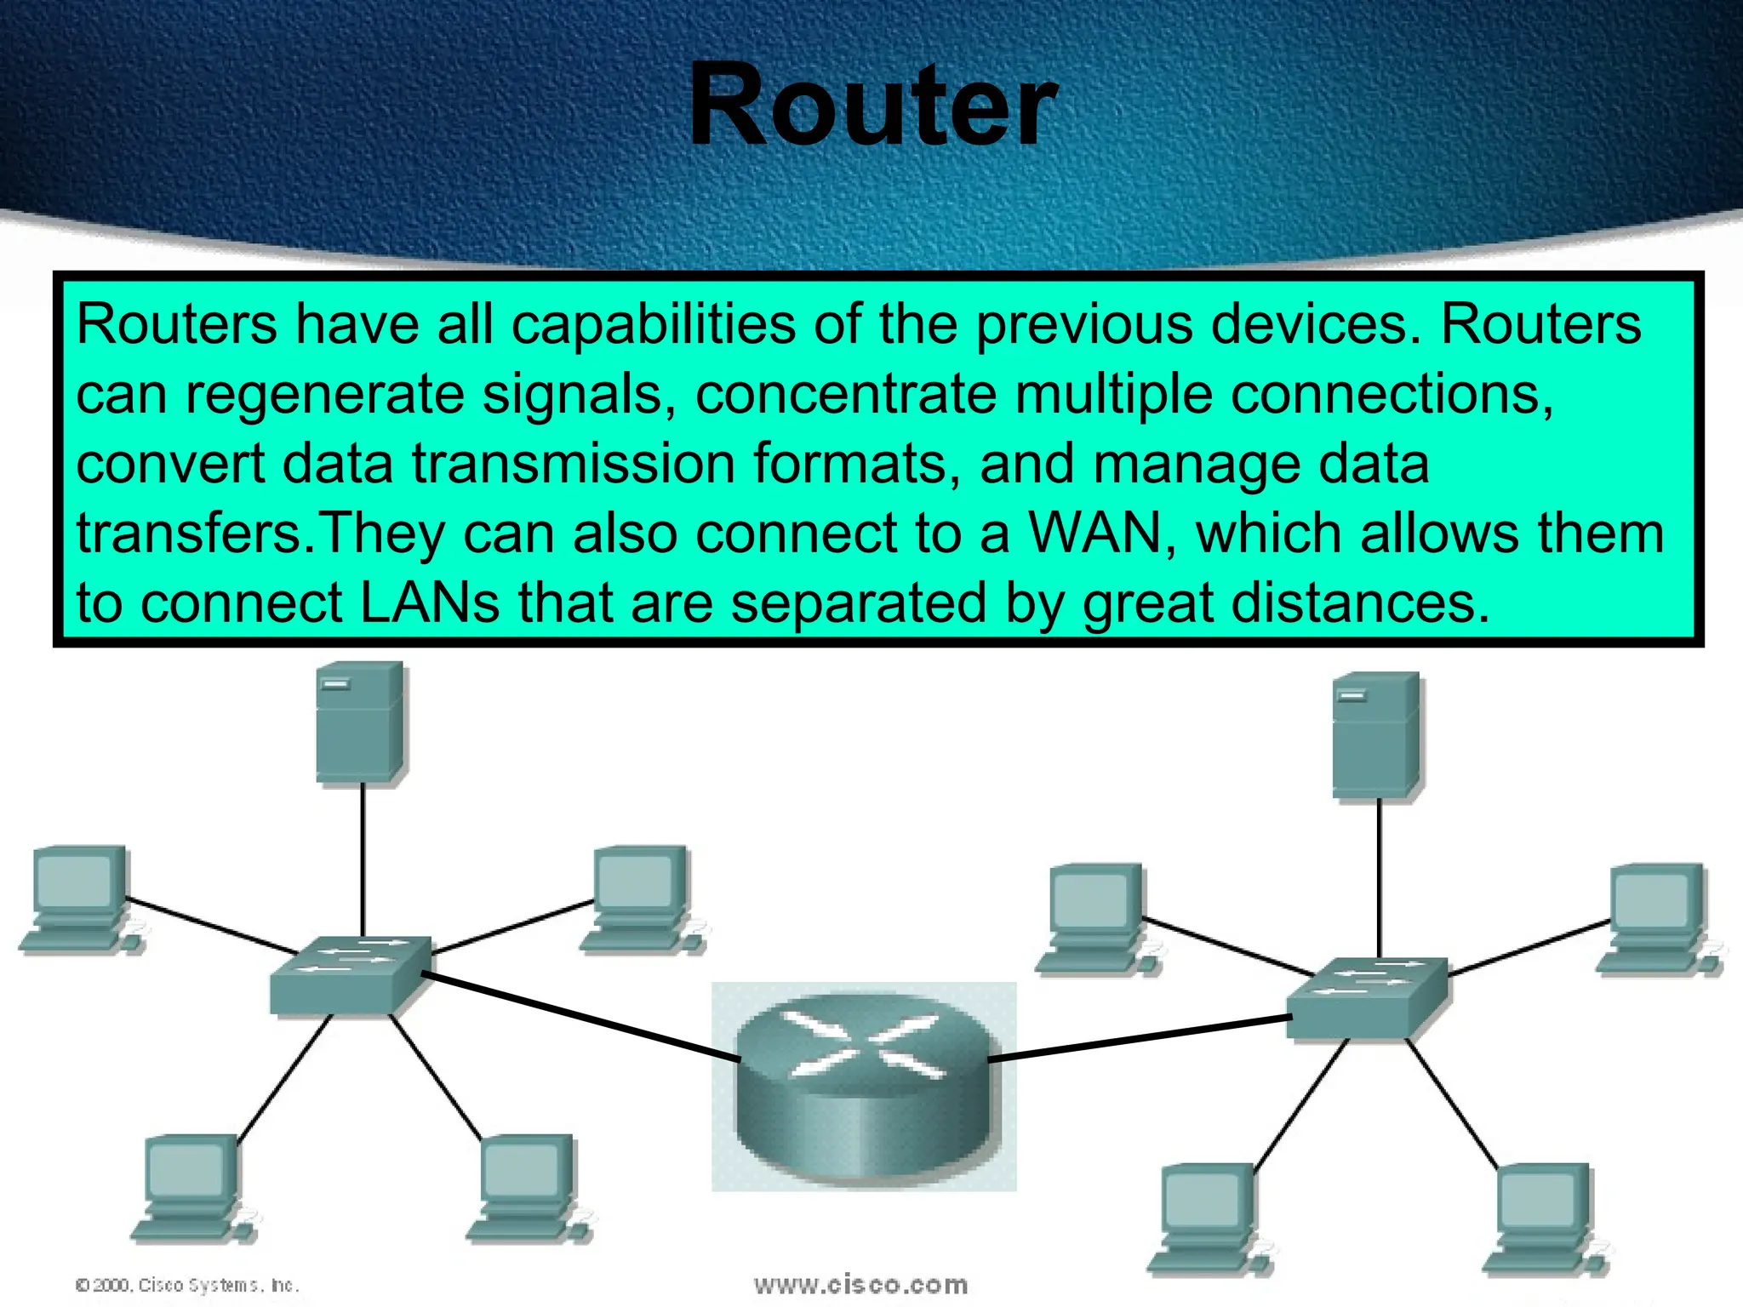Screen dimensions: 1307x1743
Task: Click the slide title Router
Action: click(873, 106)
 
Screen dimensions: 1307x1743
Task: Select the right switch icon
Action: click(1366, 997)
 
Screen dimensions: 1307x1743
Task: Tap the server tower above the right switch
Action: click(1376, 735)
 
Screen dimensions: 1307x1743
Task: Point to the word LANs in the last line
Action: click(430, 603)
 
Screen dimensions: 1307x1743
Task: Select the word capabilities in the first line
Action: click(653, 325)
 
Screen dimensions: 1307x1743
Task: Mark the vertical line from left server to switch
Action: click(363, 859)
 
